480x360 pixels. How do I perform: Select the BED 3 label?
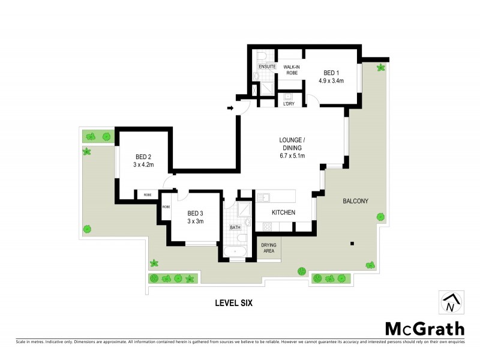coord(196,213)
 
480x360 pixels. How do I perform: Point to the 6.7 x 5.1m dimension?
coord(292,156)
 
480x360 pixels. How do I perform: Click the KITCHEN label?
coord(284,212)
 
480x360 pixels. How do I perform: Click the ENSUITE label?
coord(267,67)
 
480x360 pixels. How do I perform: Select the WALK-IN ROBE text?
coord(292,71)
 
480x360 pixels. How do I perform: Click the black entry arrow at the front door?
coord(230,109)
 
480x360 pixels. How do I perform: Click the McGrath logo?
coord(424,328)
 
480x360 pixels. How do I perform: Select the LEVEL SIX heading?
coord(233,303)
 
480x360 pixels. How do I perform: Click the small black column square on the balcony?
coord(352,243)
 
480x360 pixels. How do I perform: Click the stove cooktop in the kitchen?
coord(268,226)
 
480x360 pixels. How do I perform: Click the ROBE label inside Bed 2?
coord(147,194)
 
